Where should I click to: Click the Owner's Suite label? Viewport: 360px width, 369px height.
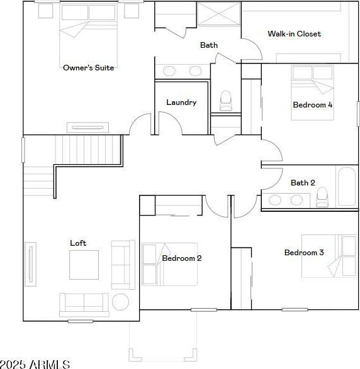pos(89,68)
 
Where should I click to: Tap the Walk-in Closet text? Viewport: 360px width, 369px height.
pos(295,34)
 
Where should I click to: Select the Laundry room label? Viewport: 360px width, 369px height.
pos(181,102)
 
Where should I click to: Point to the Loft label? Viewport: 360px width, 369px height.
pos(78,243)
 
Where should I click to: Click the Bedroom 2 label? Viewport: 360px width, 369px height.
pos(182,258)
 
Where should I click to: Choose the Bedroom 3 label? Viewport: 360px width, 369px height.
pos(304,253)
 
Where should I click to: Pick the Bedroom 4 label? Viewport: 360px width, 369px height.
pos(313,105)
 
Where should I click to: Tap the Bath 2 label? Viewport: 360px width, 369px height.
pos(303,183)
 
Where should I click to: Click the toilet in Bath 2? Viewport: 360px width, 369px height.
pos(322,197)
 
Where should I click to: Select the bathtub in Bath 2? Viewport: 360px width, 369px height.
pos(347,186)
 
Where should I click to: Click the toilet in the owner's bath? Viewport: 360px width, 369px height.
pos(226,101)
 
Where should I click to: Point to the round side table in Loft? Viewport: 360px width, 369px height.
pos(120,302)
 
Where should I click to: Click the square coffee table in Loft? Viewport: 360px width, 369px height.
pos(84,265)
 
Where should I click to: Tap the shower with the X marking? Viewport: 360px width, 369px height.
pos(218,13)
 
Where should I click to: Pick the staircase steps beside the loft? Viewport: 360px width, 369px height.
pos(87,150)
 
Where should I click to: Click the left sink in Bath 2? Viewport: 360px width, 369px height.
pos(275,201)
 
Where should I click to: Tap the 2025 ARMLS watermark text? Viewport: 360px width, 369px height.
pos(35,365)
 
